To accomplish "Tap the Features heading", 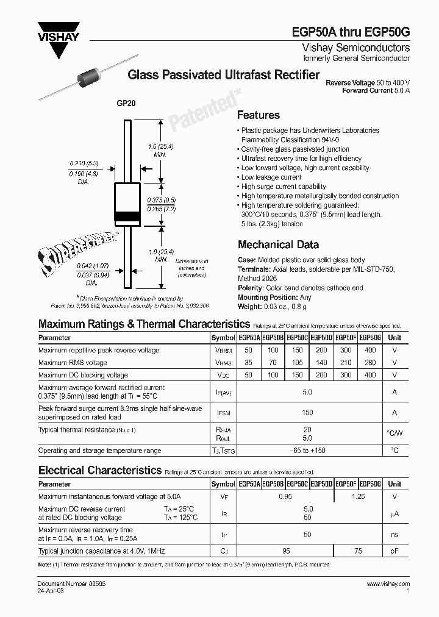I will pos(258,115).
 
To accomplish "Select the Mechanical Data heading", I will pos(277,244).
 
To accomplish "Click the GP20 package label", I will pos(126,104).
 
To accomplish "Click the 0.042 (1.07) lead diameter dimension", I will pos(93,266).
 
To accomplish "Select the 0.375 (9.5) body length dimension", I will pos(161,200).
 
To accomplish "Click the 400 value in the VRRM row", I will pos(370,351).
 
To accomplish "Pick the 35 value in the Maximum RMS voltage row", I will pos(248,363).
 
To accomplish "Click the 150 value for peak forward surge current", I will pos(307,413).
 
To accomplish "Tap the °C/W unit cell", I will pos(394,434).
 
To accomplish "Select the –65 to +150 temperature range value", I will pos(307,451).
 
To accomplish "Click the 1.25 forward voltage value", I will pos(358,497).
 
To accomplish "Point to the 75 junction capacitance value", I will pos(358,551).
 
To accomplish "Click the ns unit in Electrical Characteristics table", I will pos(394,535).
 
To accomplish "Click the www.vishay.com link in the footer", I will pos(388,584).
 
